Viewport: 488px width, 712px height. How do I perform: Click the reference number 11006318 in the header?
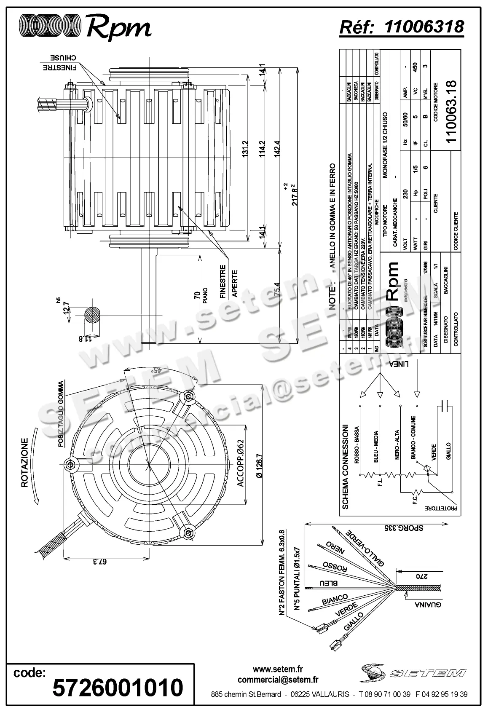point(424,27)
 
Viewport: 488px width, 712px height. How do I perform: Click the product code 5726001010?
point(118,688)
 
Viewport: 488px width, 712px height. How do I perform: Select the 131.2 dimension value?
point(245,149)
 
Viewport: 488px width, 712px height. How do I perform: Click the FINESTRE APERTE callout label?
point(229,281)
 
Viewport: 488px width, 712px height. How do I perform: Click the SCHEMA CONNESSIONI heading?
point(346,467)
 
